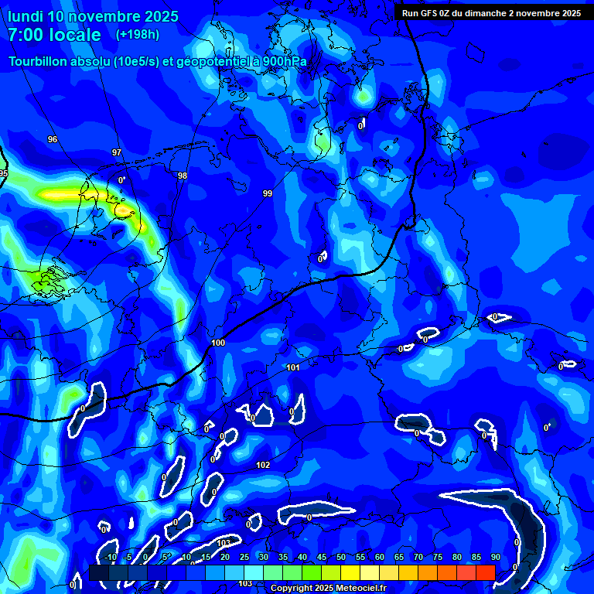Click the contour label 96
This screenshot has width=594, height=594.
[x=53, y=139]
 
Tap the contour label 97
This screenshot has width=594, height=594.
[x=117, y=152]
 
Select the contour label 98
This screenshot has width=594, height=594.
[x=183, y=176]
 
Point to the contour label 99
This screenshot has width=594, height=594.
[x=268, y=193]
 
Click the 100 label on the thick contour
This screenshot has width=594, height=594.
[x=218, y=343]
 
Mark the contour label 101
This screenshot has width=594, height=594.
[x=293, y=367]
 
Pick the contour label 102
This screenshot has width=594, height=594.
[x=263, y=465]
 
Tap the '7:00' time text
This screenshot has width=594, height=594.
[x=30, y=35]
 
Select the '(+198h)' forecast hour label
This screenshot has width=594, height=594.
[x=138, y=34]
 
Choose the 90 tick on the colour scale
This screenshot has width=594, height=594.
[x=495, y=558]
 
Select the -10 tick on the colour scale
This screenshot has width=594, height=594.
[x=110, y=558]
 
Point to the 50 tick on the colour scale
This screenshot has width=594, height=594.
[x=341, y=558]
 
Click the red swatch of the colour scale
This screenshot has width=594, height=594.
[x=485, y=572]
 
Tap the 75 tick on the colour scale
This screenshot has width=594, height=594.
[x=438, y=558]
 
